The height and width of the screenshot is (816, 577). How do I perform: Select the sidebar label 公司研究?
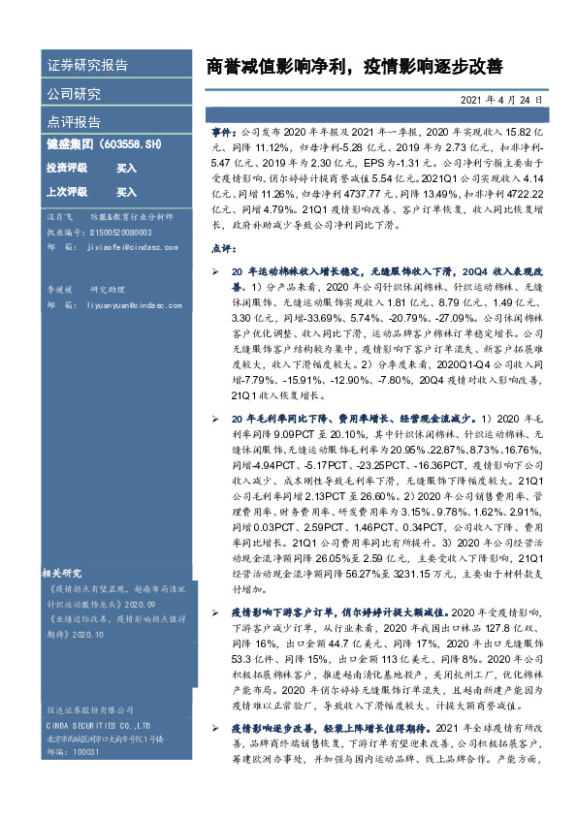point(74,94)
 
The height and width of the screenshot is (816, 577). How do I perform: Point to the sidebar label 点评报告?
point(74,122)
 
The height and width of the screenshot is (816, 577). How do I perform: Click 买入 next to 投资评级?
point(126,168)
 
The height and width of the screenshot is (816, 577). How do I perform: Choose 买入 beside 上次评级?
point(126,192)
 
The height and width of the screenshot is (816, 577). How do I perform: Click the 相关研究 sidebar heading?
point(69,572)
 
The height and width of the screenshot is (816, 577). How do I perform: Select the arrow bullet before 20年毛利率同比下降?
point(217,418)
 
